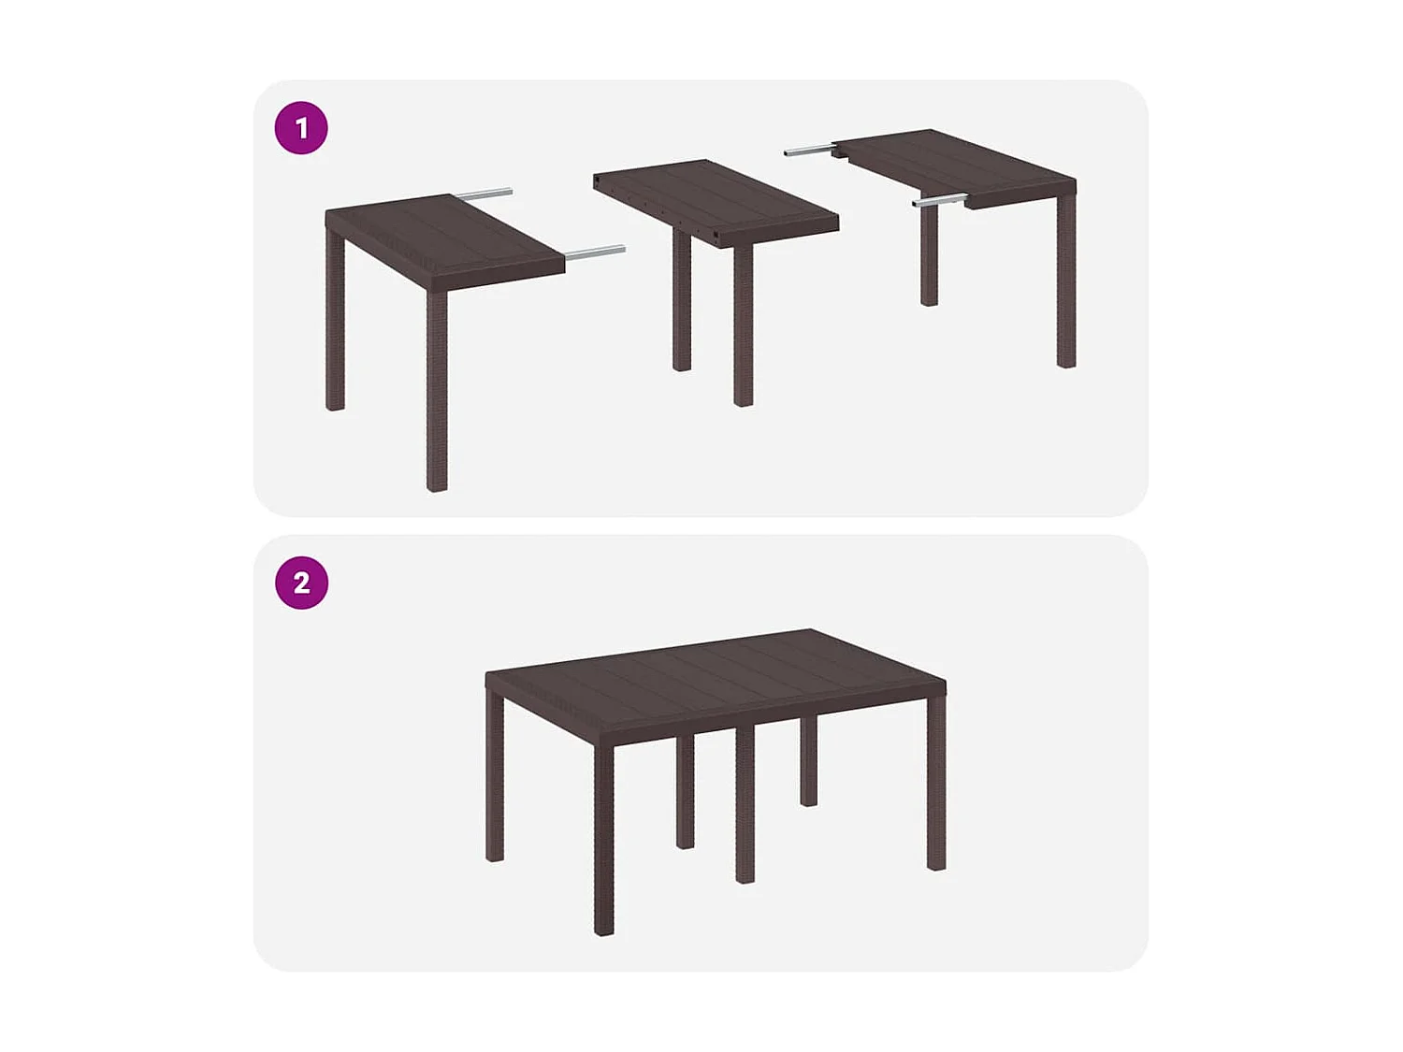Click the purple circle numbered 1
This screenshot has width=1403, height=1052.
click(x=301, y=128)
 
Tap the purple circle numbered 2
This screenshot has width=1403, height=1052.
click(x=301, y=583)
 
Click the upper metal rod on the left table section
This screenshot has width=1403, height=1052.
click(x=485, y=195)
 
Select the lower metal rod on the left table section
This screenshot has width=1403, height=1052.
click(x=596, y=252)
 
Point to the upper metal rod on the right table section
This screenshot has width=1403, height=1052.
click(x=808, y=150)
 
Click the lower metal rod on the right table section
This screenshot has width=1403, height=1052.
click(x=939, y=199)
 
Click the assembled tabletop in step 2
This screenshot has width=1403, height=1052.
click(x=716, y=673)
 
